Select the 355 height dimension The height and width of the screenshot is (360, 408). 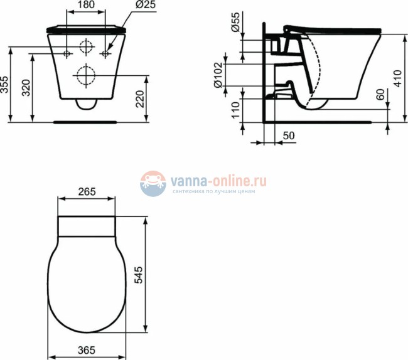pos(6,85)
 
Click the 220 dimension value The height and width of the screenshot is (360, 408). pos(139,98)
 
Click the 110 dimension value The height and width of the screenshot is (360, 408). pos(235,110)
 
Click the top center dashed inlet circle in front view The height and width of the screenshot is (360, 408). pos(87,46)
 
